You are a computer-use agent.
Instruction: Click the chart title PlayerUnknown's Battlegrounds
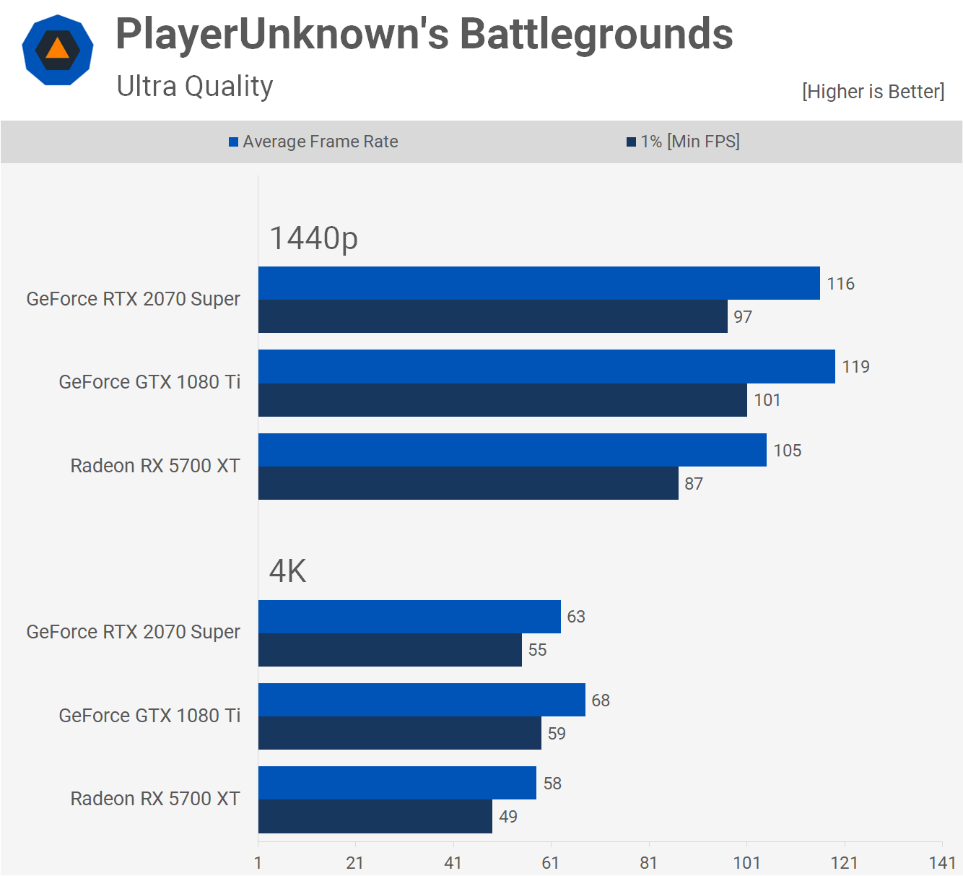point(424,34)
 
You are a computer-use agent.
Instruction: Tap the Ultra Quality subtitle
point(195,86)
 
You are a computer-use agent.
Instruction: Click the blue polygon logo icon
point(58,50)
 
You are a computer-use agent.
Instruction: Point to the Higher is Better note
point(873,92)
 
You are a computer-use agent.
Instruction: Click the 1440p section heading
point(313,238)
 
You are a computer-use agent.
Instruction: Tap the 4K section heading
point(287,571)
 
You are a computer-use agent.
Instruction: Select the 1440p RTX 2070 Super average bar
point(539,283)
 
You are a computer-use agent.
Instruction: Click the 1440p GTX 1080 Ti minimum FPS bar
point(502,400)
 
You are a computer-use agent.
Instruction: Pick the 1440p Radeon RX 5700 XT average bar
point(512,450)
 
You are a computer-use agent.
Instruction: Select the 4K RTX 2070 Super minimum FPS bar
point(390,650)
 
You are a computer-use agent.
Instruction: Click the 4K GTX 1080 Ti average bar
point(422,700)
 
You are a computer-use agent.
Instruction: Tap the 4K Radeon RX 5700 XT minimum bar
point(375,817)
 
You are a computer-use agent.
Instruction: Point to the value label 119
point(856,367)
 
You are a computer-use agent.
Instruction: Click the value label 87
point(694,484)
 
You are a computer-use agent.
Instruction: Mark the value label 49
point(508,817)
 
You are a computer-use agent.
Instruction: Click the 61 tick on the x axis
point(551,862)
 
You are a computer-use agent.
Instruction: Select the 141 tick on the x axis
point(942,862)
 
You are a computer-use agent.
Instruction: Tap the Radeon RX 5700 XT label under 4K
point(155,799)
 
